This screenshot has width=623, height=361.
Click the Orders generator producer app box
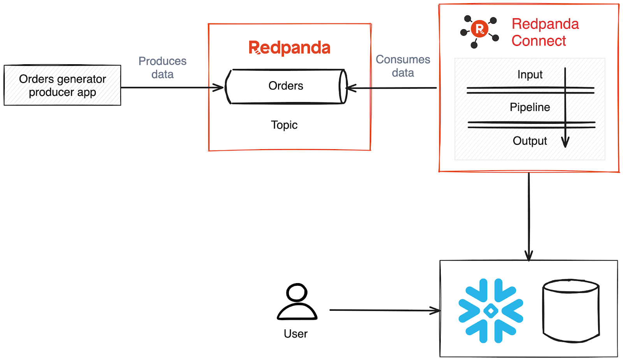point(62,85)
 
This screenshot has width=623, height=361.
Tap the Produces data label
point(162,67)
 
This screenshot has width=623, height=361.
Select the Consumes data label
point(403,66)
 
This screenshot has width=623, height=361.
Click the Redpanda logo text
point(289,48)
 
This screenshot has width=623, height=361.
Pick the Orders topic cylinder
point(286,86)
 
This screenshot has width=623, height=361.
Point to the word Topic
point(284,125)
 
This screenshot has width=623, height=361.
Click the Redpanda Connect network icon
point(479,31)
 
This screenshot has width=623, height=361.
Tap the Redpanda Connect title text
point(545,32)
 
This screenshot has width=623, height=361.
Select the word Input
point(530,74)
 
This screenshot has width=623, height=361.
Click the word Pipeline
point(530,107)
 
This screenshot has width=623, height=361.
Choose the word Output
point(530,141)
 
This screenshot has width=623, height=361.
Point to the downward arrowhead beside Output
point(565,142)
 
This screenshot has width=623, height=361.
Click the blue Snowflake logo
point(491,310)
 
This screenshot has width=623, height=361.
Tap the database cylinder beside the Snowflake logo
point(571,310)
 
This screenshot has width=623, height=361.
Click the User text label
point(296,334)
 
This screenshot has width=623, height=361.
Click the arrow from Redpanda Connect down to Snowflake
point(529,216)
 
